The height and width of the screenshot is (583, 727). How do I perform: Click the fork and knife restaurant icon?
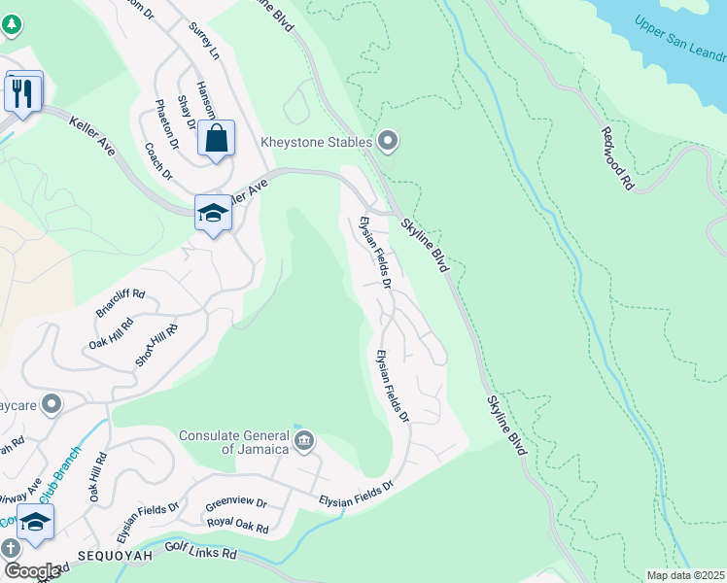click(23, 93)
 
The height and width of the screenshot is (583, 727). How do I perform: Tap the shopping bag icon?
click(216, 138)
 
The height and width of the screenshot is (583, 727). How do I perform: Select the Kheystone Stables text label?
click(316, 143)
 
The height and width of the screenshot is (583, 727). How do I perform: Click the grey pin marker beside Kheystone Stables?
click(389, 142)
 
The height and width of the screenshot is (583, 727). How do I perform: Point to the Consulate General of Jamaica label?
click(233, 441)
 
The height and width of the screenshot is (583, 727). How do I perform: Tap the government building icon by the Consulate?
click(304, 442)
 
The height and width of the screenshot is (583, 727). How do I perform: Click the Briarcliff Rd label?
click(120, 304)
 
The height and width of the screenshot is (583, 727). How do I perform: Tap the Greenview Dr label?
click(235, 504)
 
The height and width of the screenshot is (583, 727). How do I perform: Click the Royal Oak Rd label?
click(238, 526)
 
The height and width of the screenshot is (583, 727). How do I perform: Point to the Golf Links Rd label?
click(201, 552)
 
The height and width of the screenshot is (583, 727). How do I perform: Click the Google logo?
click(32, 571)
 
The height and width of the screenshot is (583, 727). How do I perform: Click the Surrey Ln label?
click(205, 42)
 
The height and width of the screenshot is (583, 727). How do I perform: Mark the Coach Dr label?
click(158, 161)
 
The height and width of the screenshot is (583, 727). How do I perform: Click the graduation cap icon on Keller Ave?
click(213, 213)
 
